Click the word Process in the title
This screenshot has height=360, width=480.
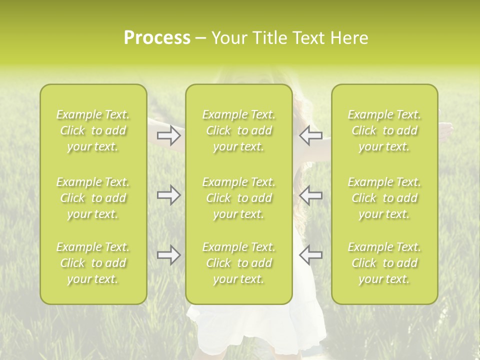157,38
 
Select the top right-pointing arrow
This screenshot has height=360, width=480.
169,135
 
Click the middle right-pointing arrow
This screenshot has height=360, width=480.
169,195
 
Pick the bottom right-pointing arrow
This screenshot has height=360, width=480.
169,255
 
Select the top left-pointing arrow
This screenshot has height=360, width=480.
310,135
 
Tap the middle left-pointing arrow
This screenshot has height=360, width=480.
310,195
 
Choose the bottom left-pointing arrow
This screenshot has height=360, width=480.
310,255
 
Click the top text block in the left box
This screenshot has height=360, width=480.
93,130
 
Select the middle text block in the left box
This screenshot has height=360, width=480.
93,198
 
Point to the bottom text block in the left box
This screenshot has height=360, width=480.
93,263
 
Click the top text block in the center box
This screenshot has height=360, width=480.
239,130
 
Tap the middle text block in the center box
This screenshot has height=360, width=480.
239,198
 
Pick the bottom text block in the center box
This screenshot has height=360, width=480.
239,263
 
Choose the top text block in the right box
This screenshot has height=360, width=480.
384,130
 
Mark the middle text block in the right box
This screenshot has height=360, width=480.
384,198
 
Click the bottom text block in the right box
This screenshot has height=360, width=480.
384,263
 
